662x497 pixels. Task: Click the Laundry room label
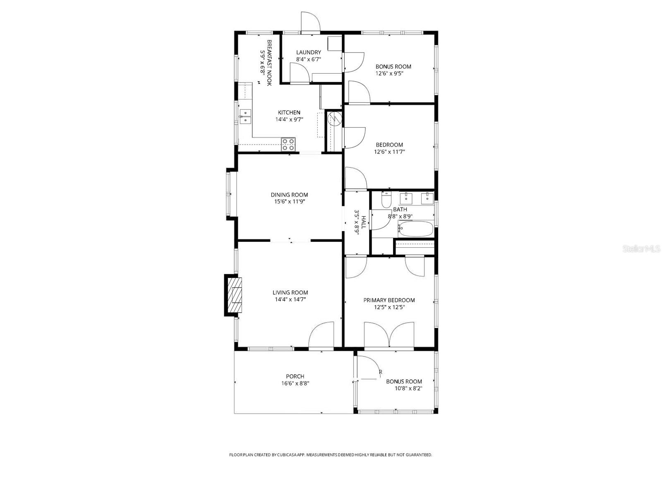click(308, 52)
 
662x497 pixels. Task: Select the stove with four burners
click(288, 144)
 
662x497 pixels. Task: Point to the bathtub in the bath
click(415, 229)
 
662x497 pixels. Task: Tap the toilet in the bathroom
click(386, 200)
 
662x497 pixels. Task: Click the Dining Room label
click(289, 195)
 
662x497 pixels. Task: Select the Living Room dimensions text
click(290, 299)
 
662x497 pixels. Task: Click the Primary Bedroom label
click(389, 300)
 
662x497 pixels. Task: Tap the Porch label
click(295, 376)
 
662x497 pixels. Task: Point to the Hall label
click(364, 222)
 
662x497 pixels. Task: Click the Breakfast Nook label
click(269, 63)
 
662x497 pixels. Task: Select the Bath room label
click(400, 210)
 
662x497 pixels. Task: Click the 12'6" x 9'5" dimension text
click(389, 74)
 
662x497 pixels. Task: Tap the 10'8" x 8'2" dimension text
click(408, 388)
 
